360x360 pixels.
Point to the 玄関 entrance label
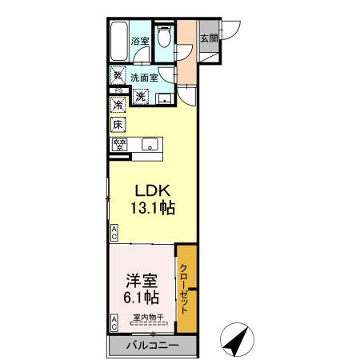click(x=207, y=37)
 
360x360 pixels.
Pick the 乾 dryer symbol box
click(x=118, y=78)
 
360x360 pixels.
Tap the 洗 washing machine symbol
click(x=140, y=97)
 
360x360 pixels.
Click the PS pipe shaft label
click(x=117, y=90)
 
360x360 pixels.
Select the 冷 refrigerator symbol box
click(x=118, y=105)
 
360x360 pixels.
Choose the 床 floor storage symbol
click(x=118, y=124)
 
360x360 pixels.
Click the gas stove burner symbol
click(x=119, y=145)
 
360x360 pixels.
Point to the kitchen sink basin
click(x=149, y=146)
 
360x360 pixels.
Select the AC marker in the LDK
click(x=114, y=233)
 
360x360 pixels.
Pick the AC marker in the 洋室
click(x=114, y=322)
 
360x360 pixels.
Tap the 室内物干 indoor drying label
click(x=148, y=319)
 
